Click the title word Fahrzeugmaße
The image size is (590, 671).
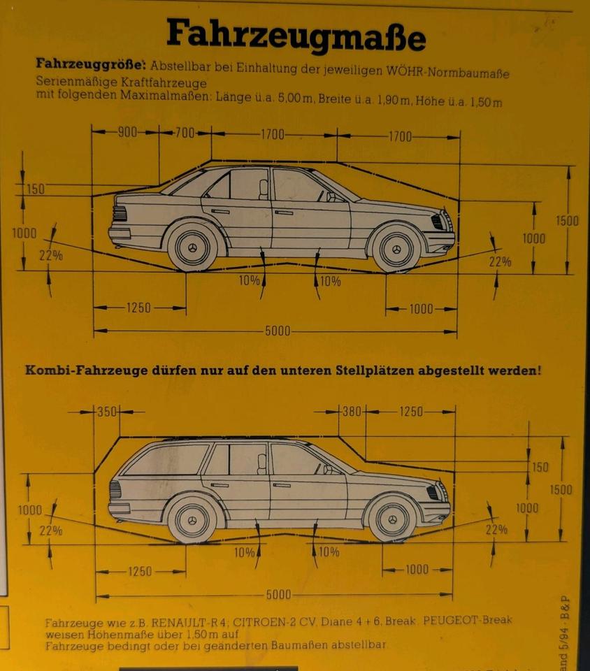pos(295,35)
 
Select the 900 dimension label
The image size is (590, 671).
pos(127,133)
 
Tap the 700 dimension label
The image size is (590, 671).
pos(185,133)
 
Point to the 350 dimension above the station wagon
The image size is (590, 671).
pos(107,412)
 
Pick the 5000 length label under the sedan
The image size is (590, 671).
pos(277,331)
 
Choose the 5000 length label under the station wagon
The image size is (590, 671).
pos(278,595)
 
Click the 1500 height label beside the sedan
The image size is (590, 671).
pos(567,221)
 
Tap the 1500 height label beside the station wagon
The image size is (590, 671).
pos(561,489)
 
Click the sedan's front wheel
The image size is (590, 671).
pos(396,249)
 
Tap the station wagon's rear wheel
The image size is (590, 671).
pos(192,519)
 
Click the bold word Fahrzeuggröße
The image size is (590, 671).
pos(89,64)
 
